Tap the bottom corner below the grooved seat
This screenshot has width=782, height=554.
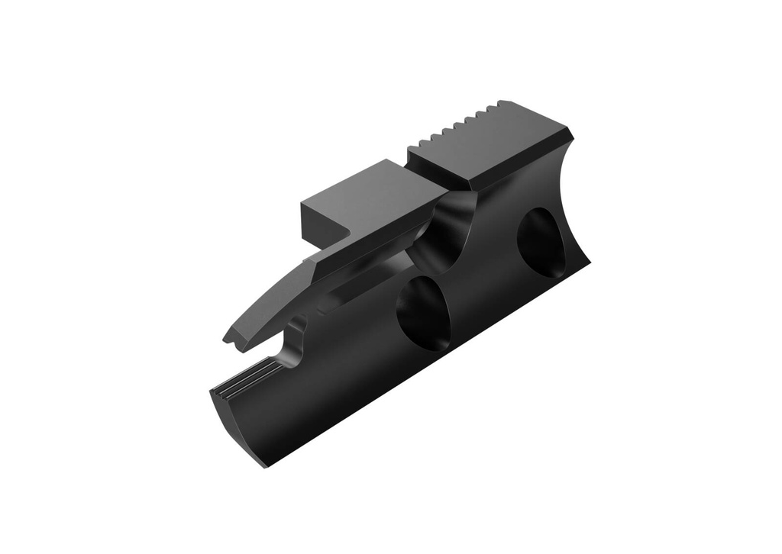pyautogui.click(x=264, y=464)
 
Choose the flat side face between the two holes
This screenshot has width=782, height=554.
pyautogui.click(x=481, y=282)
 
